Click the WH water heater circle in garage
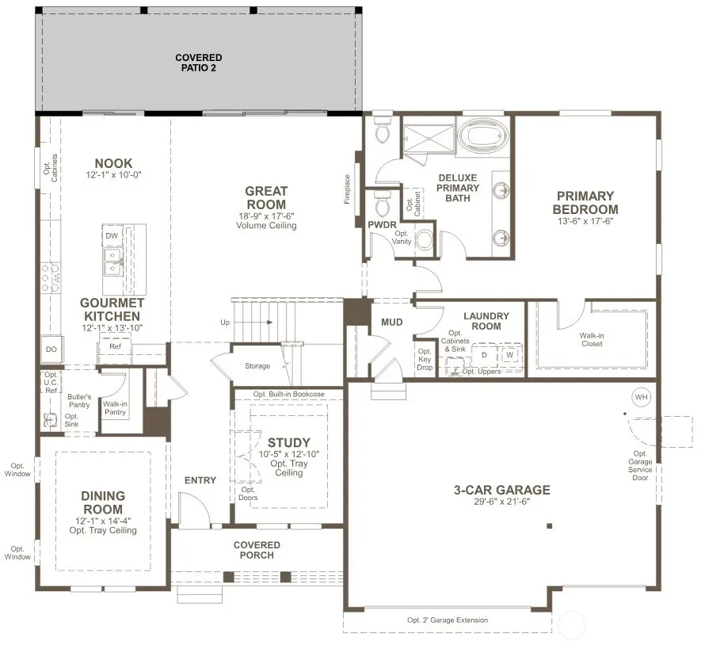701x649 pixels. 641,397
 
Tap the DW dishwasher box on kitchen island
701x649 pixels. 112,235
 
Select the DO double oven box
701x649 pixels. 51,349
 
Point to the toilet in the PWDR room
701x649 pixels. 383,204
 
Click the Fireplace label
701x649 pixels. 347,189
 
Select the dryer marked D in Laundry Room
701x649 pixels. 484,356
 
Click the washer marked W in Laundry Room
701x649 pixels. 510,355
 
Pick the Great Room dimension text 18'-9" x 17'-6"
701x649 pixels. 266,216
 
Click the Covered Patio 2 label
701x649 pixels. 199,63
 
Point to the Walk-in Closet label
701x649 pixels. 592,339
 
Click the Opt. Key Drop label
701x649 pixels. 425,359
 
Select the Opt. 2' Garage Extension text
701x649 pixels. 448,620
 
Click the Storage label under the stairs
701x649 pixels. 257,366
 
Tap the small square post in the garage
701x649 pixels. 550,526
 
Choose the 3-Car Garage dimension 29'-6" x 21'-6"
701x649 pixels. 502,502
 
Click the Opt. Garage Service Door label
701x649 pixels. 640,466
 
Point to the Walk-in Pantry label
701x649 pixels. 115,408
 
